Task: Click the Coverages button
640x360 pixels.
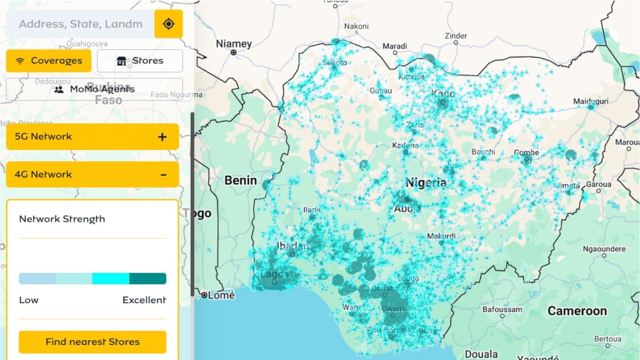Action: pyautogui.click(x=49, y=61)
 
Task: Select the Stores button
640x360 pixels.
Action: pyautogui.click(x=140, y=61)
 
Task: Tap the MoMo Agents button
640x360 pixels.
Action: pyautogui.click(x=94, y=89)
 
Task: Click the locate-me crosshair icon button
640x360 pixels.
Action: pyautogui.click(x=168, y=24)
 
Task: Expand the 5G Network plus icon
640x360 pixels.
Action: pyautogui.click(x=162, y=137)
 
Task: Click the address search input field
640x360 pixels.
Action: pyautogui.click(x=80, y=24)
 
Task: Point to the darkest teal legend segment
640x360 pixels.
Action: pyautogui.click(x=147, y=279)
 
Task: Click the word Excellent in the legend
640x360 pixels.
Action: pyautogui.click(x=144, y=300)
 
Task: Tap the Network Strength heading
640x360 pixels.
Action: pyautogui.click(x=62, y=219)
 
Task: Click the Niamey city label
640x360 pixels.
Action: pyautogui.click(x=234, y=44)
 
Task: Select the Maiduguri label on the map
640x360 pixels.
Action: pyautogui.click(x=591, y=101)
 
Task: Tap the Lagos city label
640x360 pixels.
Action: pyautogui.click(x=275, y=274)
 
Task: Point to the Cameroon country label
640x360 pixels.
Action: pyautogui.click(x=577, y=311)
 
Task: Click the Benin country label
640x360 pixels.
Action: pyautogui.click(x=241, y=181)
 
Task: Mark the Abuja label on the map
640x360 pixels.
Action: pyautogui.click(x=407, y=209)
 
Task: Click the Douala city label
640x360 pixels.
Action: pyautogui.click(x=481, y=354)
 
